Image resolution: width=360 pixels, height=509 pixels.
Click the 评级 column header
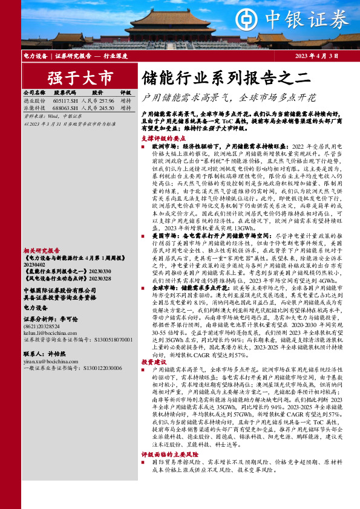(126, 94)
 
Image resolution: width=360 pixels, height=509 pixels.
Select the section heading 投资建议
(152, 361)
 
